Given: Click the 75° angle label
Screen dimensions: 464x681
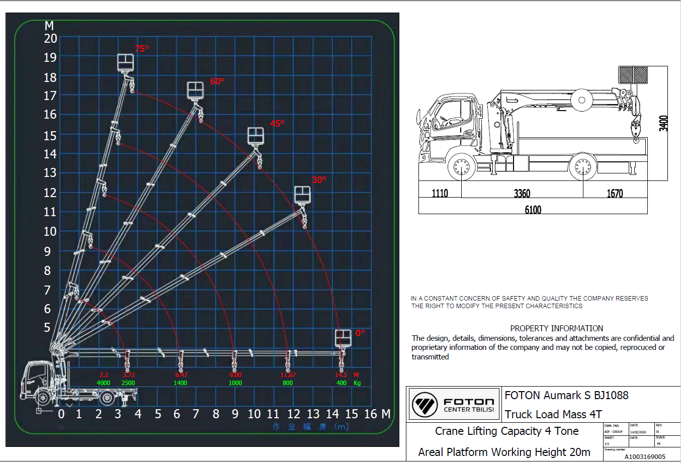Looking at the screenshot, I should point(142,49).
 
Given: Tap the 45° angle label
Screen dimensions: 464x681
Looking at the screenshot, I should point(277,123).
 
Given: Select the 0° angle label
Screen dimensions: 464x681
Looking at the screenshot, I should point(360,333).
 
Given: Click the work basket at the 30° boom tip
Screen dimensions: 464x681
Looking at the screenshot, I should point(302,195).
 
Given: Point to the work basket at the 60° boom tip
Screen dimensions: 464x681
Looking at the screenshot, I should point(195,90).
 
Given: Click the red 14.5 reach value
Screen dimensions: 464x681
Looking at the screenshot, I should point(341,375).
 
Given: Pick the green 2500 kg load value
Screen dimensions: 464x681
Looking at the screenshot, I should point(128,383).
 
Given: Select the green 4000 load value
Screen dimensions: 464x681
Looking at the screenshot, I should point(104,383).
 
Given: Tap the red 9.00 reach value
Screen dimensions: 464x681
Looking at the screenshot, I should point(235,375).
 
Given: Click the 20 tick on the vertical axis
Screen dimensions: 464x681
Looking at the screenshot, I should point(51,39).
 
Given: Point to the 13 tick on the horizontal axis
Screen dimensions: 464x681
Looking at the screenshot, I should point(313,414).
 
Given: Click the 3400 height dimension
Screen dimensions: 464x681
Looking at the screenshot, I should point(663,124).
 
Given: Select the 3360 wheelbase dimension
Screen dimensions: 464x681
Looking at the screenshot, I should point(522,194).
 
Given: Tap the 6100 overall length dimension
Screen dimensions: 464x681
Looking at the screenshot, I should point(533,210).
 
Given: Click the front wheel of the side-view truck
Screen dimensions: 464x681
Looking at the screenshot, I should point(461,167).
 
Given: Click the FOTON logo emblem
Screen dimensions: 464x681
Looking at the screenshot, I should point(425,404).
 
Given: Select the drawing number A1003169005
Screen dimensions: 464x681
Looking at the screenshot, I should point(645,457).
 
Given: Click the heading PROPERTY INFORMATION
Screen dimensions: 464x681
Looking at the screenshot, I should point(556,328).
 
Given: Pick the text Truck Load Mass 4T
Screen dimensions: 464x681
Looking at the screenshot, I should point(553,414).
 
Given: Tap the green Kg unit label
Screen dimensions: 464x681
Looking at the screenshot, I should point(357,383).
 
